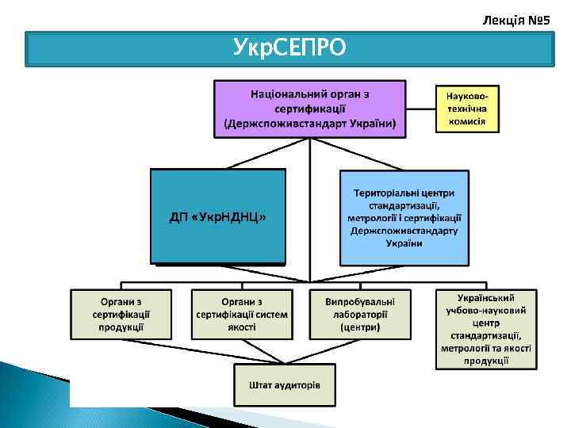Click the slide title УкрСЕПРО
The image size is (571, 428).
click(x=289, y=48)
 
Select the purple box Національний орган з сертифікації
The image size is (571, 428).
click(x=309, y=109)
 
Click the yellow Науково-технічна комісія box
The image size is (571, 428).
click(x=466, y=108)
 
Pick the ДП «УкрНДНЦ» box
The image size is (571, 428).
click(x=217, y=216)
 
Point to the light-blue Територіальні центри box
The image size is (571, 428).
click(x=404, y=218)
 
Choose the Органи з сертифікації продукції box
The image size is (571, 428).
click(x=121, y=314)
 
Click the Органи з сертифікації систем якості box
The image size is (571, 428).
click(x=242, y=314)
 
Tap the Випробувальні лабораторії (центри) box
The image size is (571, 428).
click(x=359, y=314)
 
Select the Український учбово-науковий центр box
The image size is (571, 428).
click(x=485, y=328)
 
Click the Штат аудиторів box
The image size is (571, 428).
click(x=285, y=385)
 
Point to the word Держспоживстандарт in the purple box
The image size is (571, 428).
click(x=287, y=124)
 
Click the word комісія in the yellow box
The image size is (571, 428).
click(x=466, y=122)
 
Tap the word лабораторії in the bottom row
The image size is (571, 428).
click(x=360, y=314)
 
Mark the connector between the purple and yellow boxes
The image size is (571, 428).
click(x=420, y=109)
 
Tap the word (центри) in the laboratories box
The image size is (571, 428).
click(x=360, y=327)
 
